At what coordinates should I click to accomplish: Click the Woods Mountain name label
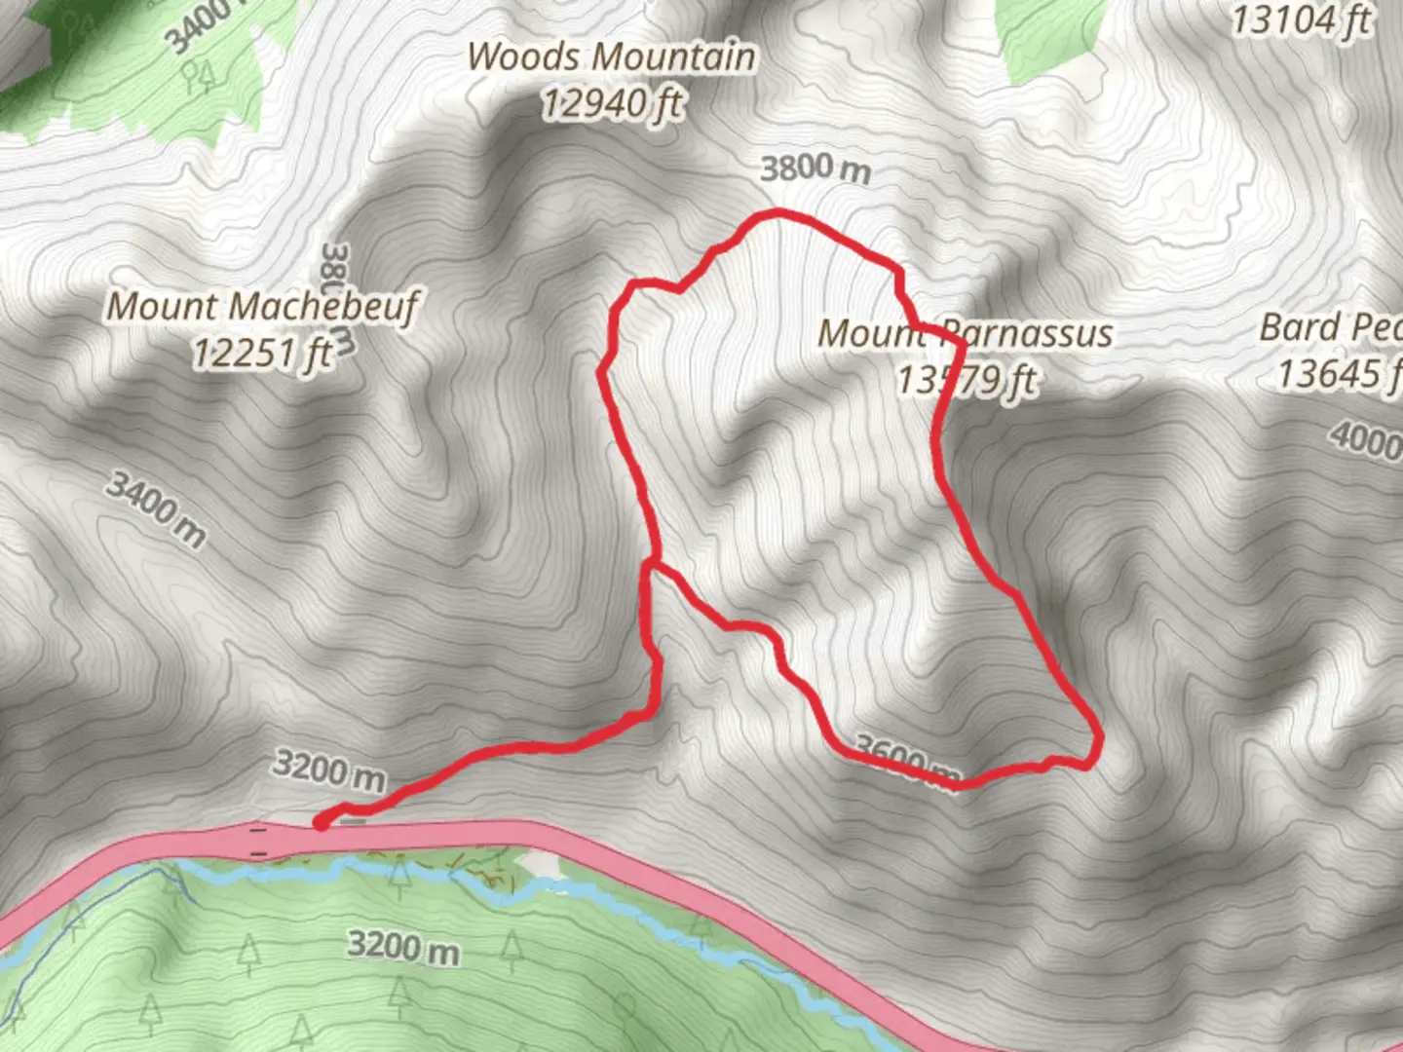click(611, 56)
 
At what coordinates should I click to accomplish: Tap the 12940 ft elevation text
click(611, 103)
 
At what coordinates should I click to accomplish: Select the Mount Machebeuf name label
click(261, 306)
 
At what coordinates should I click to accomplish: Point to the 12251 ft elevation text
click(261, 353)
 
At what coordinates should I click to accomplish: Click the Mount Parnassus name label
click(965, 333)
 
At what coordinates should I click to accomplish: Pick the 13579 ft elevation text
click(967, 380)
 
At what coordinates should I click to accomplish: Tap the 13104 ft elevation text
click(1301, 19)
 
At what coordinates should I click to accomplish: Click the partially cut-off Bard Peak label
click(1330, 328)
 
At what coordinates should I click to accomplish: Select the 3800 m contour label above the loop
click(815, 169)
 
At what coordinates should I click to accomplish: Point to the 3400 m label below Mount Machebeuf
click(156, 508)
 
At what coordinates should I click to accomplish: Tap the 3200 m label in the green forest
click(403, 946)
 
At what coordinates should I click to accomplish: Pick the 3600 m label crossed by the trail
click(906, 761)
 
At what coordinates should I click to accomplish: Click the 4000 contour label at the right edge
click(1366, 439)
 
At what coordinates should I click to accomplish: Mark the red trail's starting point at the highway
click(320, 825)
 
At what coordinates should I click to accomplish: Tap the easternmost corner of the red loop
click(1098, 737)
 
